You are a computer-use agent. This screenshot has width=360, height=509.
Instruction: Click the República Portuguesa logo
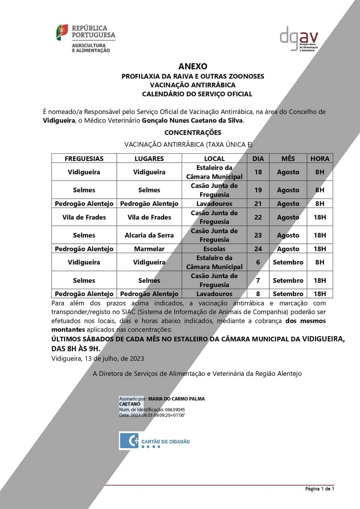86,38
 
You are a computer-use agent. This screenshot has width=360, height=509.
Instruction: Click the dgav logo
299,39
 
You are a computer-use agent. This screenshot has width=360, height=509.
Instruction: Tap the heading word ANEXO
193,66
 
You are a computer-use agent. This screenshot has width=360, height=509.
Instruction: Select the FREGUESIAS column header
84,159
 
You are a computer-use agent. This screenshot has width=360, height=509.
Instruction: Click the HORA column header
320,159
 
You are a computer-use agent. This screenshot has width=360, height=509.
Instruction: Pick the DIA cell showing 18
258,172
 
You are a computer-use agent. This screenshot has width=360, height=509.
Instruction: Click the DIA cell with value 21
258,204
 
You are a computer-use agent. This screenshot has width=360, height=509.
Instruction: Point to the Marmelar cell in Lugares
149,249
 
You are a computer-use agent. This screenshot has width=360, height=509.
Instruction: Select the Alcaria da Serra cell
149,235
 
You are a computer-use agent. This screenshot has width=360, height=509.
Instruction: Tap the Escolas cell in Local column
214,249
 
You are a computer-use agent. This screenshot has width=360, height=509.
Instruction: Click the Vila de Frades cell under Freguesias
84,217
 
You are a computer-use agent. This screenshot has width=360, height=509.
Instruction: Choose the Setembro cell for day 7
288,280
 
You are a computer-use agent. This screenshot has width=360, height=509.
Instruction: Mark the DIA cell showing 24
258,249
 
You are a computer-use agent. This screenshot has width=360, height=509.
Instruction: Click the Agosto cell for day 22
288,217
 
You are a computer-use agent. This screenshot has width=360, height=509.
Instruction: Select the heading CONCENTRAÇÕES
193,133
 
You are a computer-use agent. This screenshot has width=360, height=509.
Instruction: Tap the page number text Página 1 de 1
319,489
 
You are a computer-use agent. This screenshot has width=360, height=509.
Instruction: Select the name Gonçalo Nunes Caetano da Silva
192,121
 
